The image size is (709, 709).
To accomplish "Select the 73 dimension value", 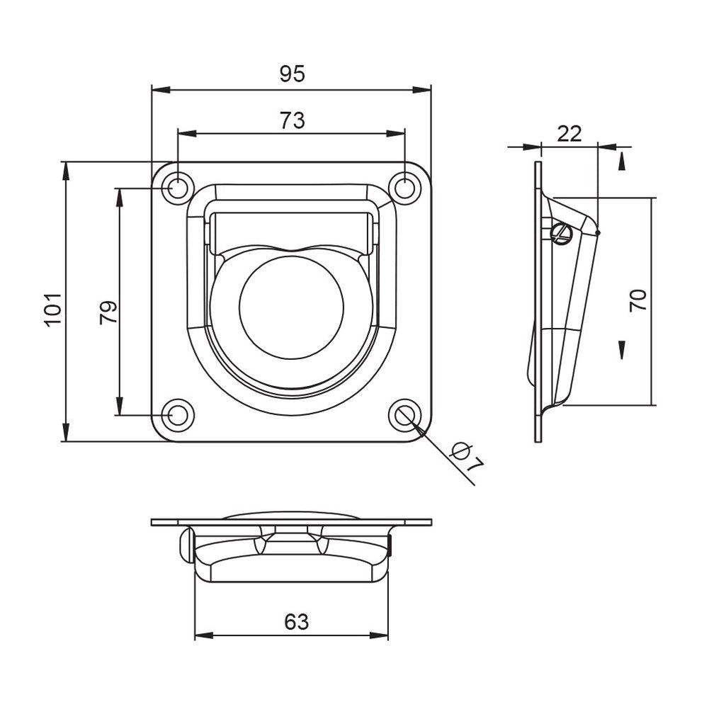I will (291, 120).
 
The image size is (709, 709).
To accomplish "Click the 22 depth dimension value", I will (569, 133).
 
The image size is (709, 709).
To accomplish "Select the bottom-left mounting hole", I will (177, 415).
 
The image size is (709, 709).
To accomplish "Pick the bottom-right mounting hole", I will (404, 415).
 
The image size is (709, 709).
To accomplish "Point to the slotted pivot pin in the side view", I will (560, 233).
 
